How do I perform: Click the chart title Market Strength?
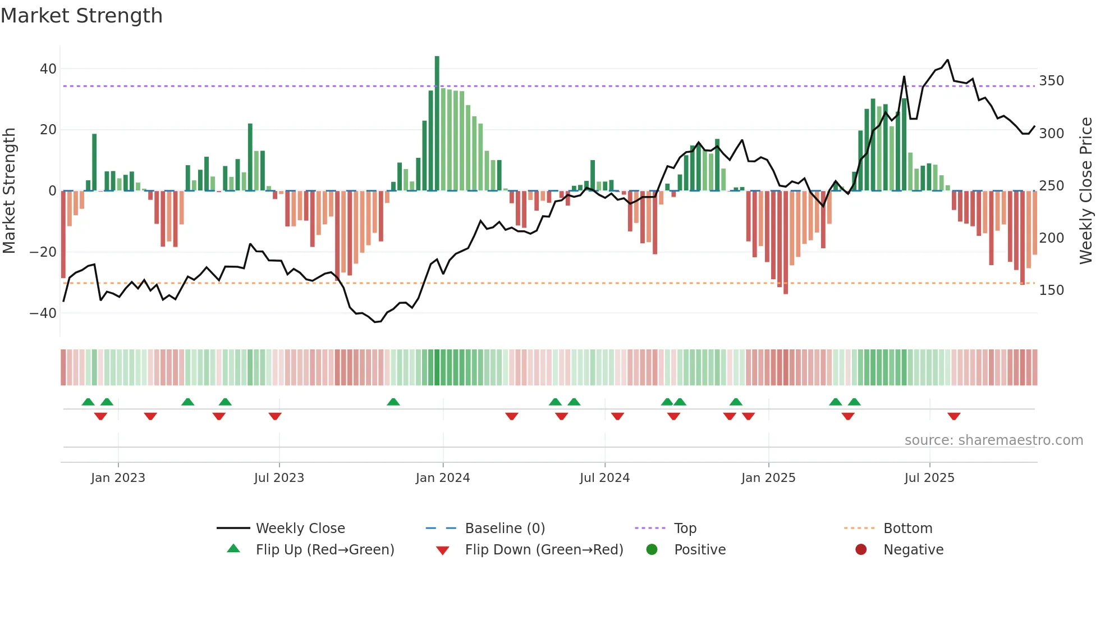[x=82, y=16]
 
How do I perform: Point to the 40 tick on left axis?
[x=48, y=69]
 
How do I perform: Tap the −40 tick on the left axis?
[x=43, y=313]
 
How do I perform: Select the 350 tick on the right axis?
[x=1051, y=81]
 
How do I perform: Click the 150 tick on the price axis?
[x=1051, y=290]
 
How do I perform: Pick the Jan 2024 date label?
[x=443, y=478]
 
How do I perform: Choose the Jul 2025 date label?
[x=929, y=478]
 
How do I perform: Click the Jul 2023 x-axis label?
[x=279, y=478]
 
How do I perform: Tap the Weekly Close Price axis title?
[x=1085, y=191]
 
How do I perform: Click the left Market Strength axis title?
[x=10, y=191]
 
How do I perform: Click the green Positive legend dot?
[x=652, y=549]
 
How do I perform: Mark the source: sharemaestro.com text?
[x=993, y=440]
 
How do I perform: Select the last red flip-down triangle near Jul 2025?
[x=954, y=416]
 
